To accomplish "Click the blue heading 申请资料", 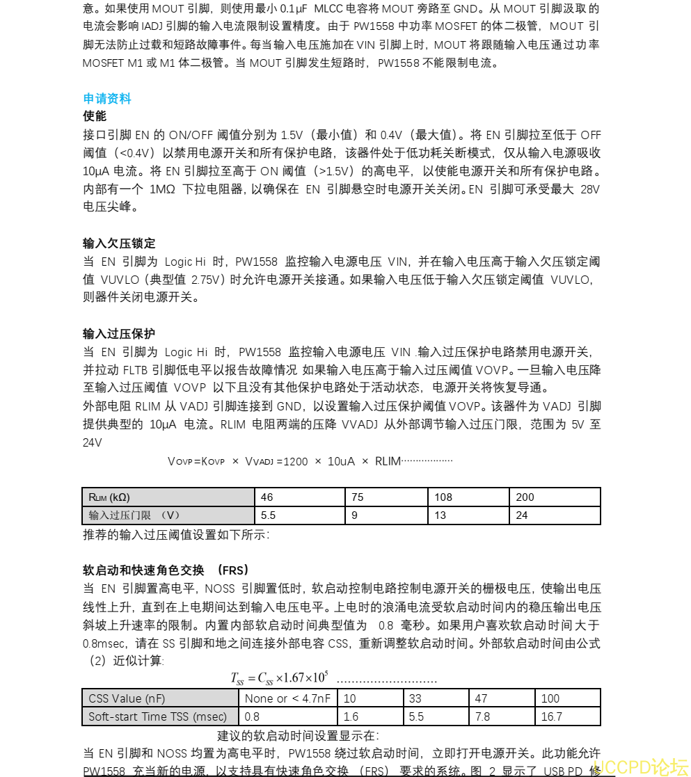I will click(x=107, y=99).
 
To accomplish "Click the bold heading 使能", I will click(x=95, y=116).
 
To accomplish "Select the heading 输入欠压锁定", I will click(x=119, y=243).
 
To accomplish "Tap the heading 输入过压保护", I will click(x=119, y=334).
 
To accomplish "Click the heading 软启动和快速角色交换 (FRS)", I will click(x=166, y=570).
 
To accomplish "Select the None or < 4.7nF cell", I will click(x=288, y=698).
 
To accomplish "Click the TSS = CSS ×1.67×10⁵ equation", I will click(x=280, y=678).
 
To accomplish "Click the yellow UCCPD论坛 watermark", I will click(x=640, y=767).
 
